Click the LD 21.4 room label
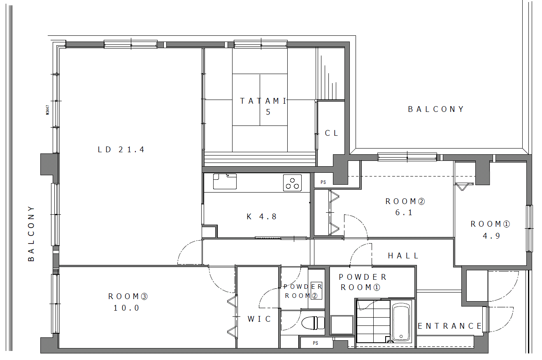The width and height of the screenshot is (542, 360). point(121,149)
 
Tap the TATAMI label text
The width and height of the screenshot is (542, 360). point(263,101)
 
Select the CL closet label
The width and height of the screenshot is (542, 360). point(331,133)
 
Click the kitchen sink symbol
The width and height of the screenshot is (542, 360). point(225,181)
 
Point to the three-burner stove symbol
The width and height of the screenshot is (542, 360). point(292,183)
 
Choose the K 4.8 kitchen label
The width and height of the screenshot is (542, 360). point(261,216)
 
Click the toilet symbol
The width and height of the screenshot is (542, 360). point(313,323)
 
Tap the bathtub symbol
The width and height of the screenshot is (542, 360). point(401,321)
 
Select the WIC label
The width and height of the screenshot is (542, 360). point(259,319)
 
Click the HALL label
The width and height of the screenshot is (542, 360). point(403,256)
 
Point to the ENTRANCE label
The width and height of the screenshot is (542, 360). point(449,326)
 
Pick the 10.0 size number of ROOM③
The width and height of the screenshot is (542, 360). point(126,308)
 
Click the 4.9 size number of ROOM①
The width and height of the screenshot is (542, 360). point(491,236)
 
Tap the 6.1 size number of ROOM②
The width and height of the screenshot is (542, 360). point(404,212)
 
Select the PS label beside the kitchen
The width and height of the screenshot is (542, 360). point(323,182)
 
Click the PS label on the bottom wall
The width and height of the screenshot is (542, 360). point(315,343)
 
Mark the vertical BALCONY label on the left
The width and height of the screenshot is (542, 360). point(31,234)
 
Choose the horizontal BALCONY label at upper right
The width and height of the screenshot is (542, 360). point(436,109)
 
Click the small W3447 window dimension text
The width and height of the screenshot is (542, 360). point(47,110)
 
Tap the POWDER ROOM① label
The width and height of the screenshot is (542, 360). point(362,282)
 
